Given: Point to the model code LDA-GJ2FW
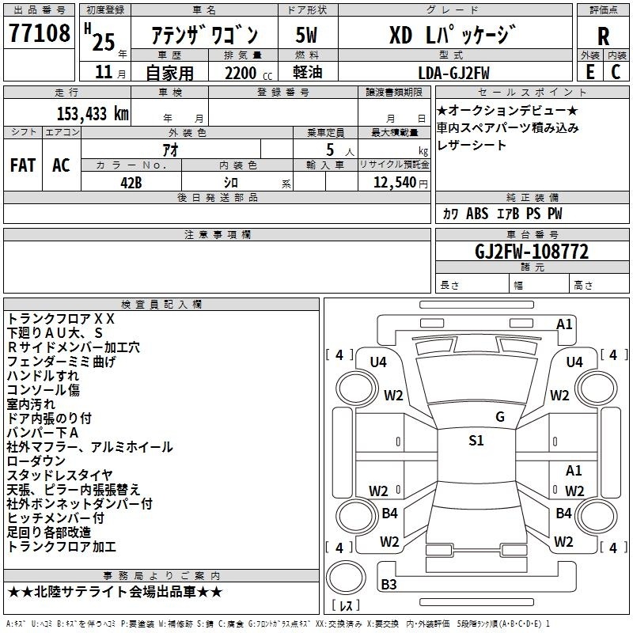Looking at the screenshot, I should [453, 72].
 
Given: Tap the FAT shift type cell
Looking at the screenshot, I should [23, 165].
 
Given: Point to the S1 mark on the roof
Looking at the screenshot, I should [476, 441].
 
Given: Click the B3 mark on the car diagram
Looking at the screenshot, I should [389, 585].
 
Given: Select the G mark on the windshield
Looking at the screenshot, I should [500, 417].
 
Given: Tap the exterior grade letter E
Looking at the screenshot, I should [589, 72].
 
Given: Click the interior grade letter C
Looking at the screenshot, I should [616, 72].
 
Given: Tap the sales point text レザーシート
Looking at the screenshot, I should [472, 146].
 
